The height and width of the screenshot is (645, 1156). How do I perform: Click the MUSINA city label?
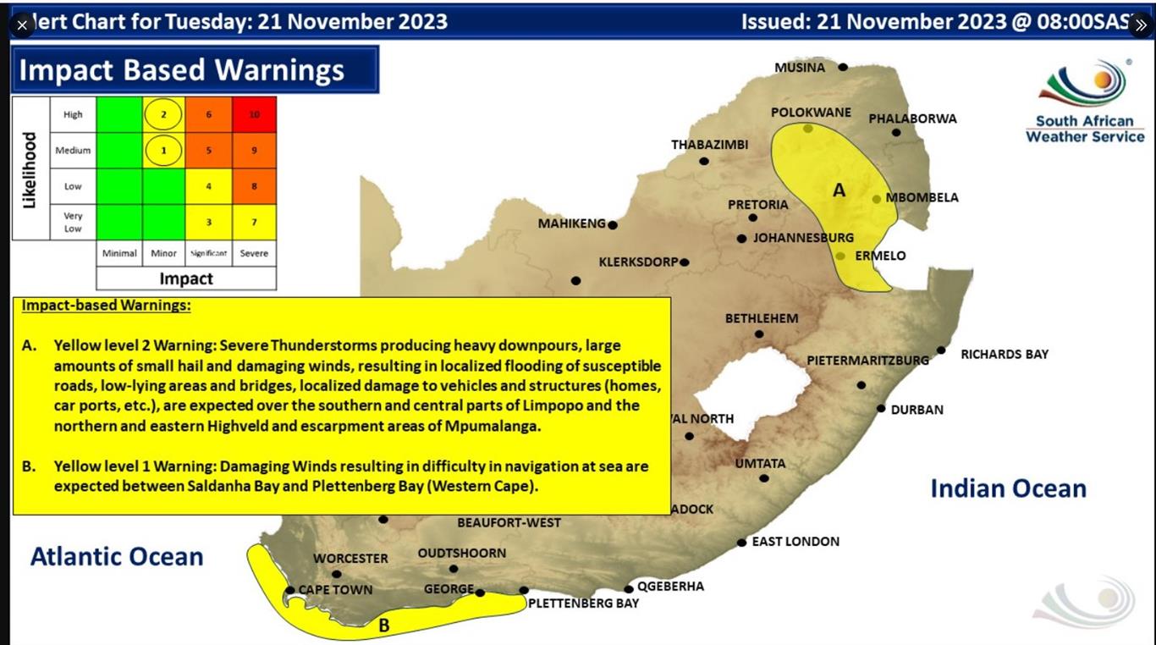tap(799, 68)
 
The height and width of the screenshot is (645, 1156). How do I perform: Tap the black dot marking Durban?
tap(881, 410)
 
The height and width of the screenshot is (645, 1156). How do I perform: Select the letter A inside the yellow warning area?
tap(839, 190)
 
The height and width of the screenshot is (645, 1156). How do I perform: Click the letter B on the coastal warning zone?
tap(383, 626)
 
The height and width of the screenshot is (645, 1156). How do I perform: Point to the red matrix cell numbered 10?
tap(254, 114)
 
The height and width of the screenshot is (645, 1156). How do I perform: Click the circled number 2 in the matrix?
tap(163, 114)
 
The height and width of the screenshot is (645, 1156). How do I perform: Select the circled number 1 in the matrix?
tap(163, 151)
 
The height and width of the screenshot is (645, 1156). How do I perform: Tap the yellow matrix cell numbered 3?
tap(208, 223)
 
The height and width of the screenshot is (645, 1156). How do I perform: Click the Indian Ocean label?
tap(1008, 488)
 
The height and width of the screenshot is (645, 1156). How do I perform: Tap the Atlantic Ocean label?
tap(117, 556)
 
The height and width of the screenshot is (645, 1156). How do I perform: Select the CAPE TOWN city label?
tap(335, 590)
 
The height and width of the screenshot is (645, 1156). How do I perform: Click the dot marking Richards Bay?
tap(941, 350)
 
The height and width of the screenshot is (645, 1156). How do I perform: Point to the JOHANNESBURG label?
tap(803, 238)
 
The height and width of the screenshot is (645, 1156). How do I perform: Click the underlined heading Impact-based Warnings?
tap(107, 306)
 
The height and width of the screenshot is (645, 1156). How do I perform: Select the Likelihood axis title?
tap(30, 169)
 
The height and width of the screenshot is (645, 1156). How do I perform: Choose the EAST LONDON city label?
tap(795, 542)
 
